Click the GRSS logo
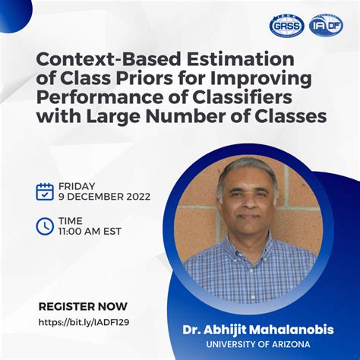[286, 25]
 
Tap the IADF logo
[327, 25]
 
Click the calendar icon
[45, 191]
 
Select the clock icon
[45, 226]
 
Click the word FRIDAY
[77, 185]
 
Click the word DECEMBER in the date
[96, 197]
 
